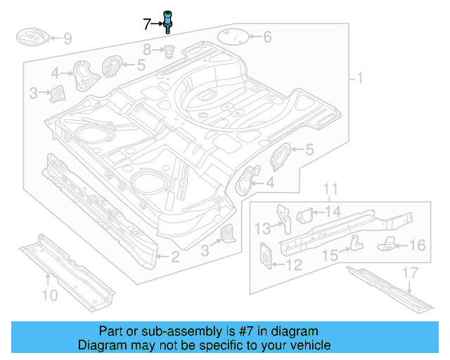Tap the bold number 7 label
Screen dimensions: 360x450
point(147,25)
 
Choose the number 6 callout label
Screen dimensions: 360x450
point(267,37)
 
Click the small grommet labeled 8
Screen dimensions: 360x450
point(169,50)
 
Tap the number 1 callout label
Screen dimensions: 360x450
point(361,78)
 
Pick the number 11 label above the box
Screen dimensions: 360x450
point(330,188)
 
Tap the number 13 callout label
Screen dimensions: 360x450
point(262,227)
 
